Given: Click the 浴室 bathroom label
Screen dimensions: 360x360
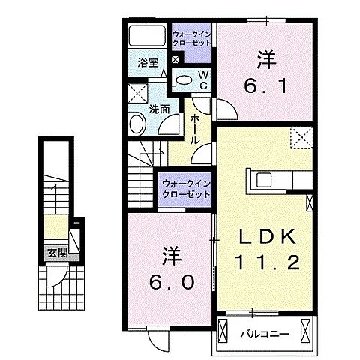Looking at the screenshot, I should coord(147,64).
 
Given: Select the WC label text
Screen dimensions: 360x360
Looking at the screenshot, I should coord(202,79).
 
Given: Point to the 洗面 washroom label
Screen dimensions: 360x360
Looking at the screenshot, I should coord(157,108).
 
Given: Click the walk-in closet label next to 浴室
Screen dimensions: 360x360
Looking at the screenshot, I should coord(192,39).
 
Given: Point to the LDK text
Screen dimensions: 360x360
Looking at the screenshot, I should coord(262,238).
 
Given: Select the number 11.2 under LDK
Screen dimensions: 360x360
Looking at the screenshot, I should coord(262,262).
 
